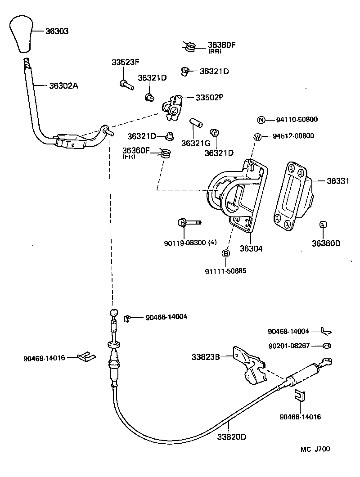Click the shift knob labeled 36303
pos(23,34)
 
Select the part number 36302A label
pos(63,85)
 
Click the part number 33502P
pos(209,97)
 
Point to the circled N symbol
pos(261,120)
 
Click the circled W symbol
pos(257,136)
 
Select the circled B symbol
pos(226,254)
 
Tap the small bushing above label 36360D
pos(323,225)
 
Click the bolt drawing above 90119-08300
pos(189,222)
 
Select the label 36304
pos(251,248)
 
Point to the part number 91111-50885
pos(226,271)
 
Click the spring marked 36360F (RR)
pos(190,46)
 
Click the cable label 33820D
pos(232,436)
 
